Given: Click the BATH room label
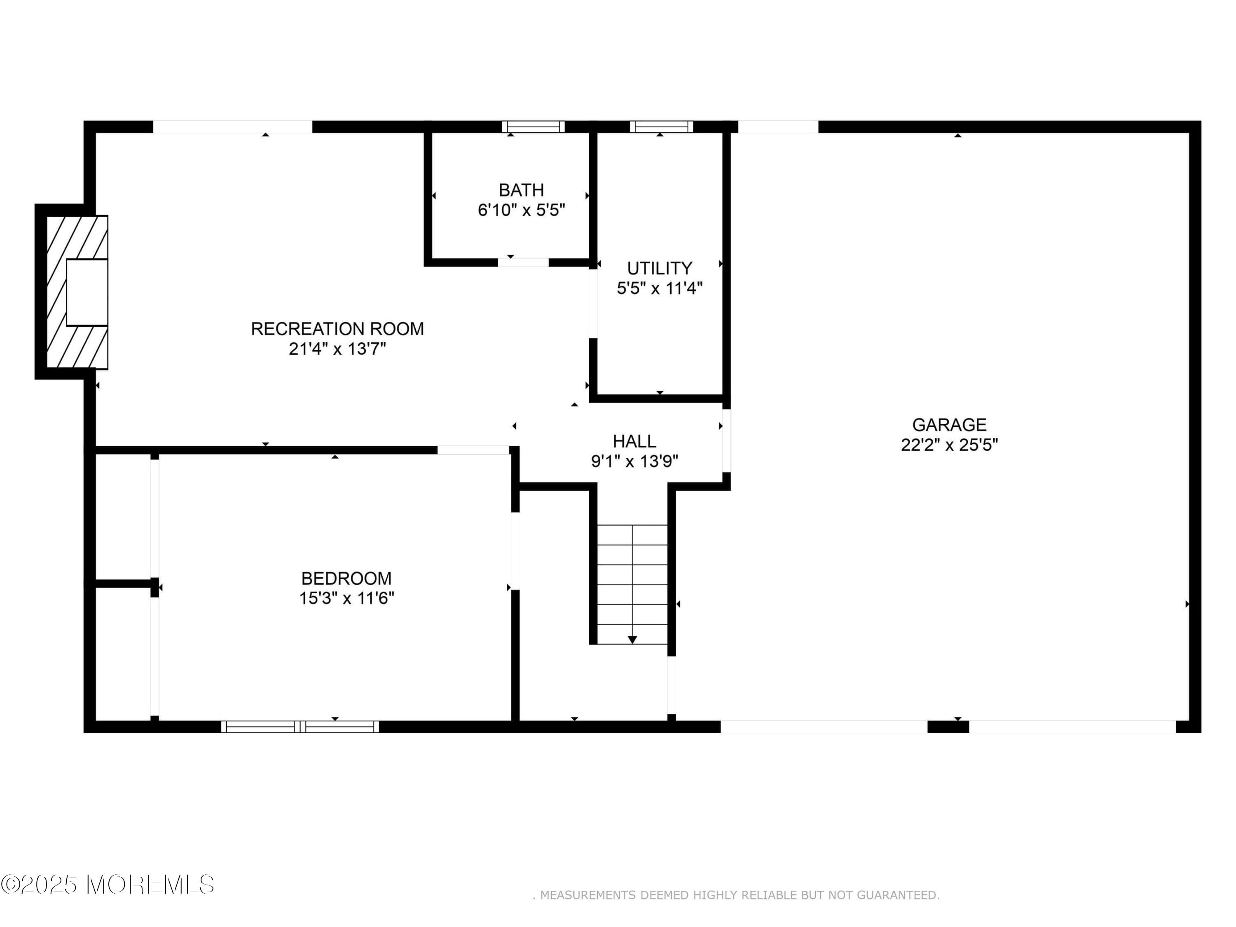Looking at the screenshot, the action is (521, 190).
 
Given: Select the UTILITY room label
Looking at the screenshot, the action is (659, 269).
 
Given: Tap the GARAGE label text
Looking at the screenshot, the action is (949, 425).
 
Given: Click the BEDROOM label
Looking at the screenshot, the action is (346, 578).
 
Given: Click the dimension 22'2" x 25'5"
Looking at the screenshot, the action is (949, 445).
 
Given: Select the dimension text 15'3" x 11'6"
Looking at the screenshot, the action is (346, 599).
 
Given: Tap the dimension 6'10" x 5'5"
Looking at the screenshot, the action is (521, 211).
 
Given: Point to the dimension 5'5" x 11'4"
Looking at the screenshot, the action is (659, 289).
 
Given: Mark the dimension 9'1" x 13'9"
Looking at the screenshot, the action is (634, 461).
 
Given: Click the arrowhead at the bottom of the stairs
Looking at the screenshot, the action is (632, 640).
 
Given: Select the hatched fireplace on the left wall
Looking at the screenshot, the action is (77, 292).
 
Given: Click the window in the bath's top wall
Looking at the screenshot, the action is (533, 127).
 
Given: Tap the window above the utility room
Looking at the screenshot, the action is (662, 127).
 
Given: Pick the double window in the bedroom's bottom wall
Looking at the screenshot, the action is (300, 726).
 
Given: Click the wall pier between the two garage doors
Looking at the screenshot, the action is (948, 727).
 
